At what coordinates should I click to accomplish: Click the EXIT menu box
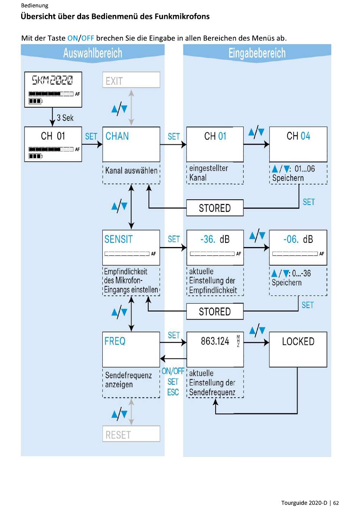(131, 80)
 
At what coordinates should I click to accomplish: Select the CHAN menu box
(131, 144)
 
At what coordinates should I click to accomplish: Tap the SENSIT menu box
(131, 247)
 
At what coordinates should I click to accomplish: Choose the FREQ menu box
(131, 349)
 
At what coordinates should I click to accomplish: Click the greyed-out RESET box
(131, 434)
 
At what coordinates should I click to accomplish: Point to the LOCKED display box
(298, 349)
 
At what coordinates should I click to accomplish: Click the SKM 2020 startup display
(53, 89)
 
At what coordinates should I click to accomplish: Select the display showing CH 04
(298, 144)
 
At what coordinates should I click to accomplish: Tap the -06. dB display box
(298, 247)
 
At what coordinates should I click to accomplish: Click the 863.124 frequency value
(215, 341)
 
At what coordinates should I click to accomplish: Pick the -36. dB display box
(215, 247)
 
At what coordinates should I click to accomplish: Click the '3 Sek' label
(65, 118)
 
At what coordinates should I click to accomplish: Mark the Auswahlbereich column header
(93, 53)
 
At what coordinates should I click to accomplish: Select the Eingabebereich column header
(257, 53)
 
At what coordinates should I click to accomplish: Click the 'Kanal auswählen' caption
(131, 171)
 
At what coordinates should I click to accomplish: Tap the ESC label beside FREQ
(173, 392)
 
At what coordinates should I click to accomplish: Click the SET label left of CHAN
(91, 136)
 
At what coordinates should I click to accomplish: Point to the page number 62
(336, 503)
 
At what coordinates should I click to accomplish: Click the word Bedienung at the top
(35, 6)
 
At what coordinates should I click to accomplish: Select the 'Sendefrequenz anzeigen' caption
(128, 380)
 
